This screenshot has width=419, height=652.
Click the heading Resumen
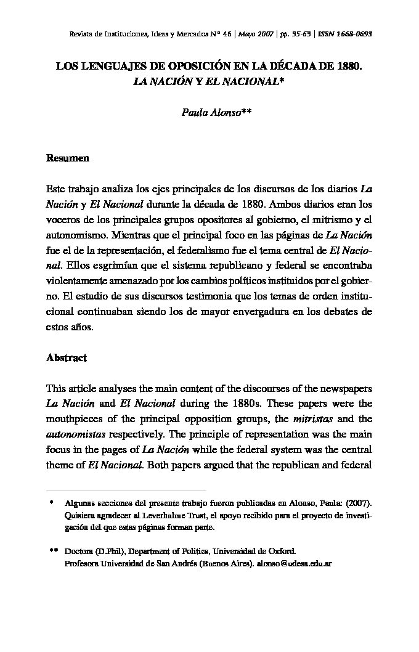point(68,158)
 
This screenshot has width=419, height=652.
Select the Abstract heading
point(67,357)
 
